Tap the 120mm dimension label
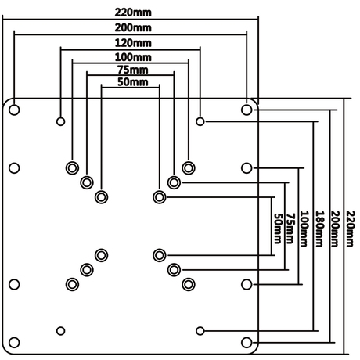pos(131,42)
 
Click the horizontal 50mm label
pos(131,81)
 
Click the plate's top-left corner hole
pos(14,110)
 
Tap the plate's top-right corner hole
pos(247,110)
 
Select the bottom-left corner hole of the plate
pos(14,342)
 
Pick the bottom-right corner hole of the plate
pos(247,342)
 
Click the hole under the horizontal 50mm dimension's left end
pos(101,196)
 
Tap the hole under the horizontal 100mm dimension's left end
pos(72,167)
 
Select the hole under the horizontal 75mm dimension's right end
pos(174,182)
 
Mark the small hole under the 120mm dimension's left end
pos(60,121)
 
